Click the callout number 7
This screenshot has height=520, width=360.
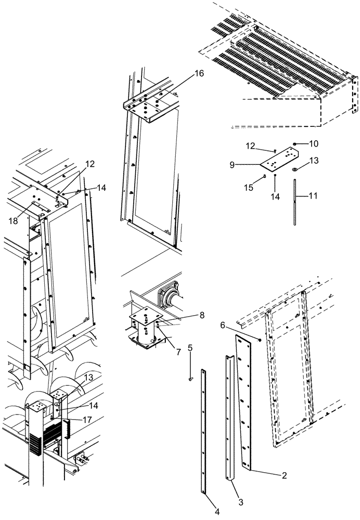pos(178,353)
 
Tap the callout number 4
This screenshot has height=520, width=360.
pos(217,512)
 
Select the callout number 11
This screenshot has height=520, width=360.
pos(313,197)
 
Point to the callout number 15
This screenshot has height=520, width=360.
pos(251,187)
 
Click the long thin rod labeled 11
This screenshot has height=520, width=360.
pos(295,203)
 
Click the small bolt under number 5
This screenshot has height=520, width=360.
pos(190,378)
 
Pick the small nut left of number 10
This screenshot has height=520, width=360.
pos(294,143)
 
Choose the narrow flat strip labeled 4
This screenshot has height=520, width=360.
pos(203,432)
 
